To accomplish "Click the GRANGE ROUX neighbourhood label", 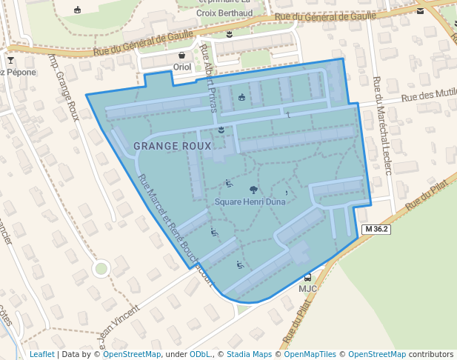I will coord(168,146).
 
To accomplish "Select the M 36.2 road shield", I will coord(376,230).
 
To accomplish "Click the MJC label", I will coord(307,288).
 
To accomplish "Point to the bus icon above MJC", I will coord(307,278).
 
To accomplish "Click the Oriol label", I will coord(181,67).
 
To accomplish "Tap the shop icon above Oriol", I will coord(182,56).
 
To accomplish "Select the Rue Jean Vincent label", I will coord(119,326).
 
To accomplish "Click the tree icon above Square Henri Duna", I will coord(244,190).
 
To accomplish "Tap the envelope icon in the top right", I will coord(421,10).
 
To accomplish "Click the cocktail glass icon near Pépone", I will coord(10,60).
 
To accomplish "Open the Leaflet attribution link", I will coord(42,354).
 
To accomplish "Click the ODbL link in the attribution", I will coord(200,354).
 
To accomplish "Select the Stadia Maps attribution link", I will coord(249,354).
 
